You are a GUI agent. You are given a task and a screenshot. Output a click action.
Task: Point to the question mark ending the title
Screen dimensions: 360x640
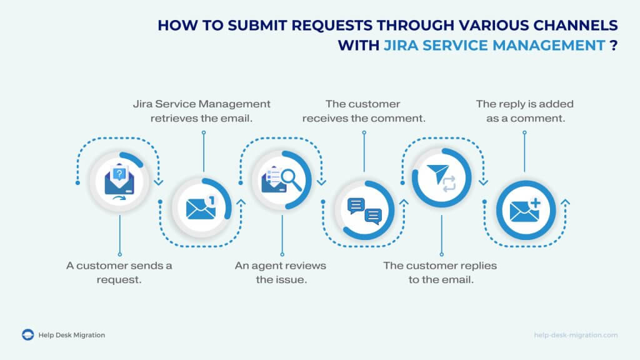click(x=614, y=46)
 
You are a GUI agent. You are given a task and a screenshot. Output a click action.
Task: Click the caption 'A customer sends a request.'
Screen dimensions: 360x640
click(x=119, y=272)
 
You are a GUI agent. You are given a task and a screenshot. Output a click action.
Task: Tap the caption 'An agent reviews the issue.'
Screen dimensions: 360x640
click(x=281, y=272)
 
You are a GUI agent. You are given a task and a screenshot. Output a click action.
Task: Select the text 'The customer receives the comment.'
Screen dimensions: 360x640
click(x=363, y=110)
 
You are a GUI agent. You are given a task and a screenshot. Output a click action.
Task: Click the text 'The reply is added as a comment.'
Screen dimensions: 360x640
click(x=524, y=110)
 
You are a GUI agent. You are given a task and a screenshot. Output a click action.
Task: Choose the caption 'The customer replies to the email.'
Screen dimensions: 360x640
click(x=440, y=272)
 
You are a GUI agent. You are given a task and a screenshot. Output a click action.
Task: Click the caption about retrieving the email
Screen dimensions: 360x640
click(x=201, y=110)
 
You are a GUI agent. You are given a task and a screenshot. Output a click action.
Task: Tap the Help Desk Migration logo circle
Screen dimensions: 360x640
click(x=27, y=335)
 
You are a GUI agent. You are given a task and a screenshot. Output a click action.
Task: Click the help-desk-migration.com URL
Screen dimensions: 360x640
click(x=576, y=335)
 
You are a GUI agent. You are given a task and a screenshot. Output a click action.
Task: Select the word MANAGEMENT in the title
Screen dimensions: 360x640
click(x=546, y=46)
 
